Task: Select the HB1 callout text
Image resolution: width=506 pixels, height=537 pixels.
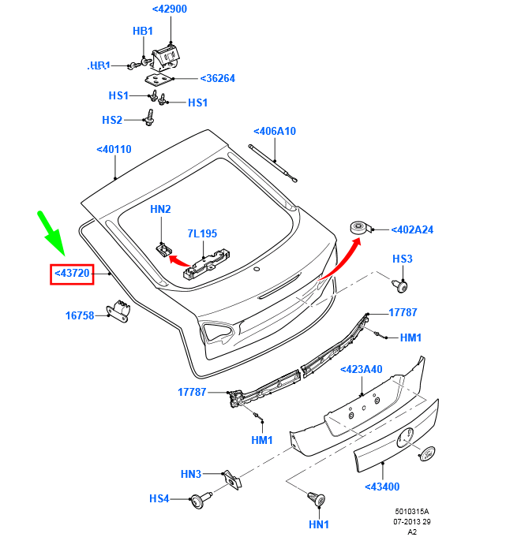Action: pyautogui.click(x=142, y=31)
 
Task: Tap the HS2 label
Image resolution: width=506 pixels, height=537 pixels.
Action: pyautogui.click(x=112, y=120)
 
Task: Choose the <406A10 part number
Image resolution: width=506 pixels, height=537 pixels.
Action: pyautogui.click(x=275, y=131)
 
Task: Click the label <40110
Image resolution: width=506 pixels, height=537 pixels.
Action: pyautogui.click(x=114, y=149)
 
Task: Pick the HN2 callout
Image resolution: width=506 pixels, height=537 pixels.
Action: pyautogui.click(x=160, y=209)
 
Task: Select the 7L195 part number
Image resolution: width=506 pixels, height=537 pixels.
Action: pyautogui.click(x=202, y=233)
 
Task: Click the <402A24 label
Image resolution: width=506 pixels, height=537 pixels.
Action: pyautogui.click(x=412, y=229)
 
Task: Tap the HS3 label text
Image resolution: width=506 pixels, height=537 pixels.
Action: pyautogui.click(x=403, y=259)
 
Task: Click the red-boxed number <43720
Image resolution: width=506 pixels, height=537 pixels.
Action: pyautogui.click(x=72, y=274)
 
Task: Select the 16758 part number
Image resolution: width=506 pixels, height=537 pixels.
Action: pyautogui.click(x=80, y=315)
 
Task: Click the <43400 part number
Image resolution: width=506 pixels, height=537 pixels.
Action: pyautogui.click(x=382, y=487)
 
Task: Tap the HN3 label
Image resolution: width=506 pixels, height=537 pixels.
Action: pyautogui.click(x=191, y=474)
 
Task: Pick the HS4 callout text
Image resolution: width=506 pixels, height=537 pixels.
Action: pyautogui.click(x=159, y=498)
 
